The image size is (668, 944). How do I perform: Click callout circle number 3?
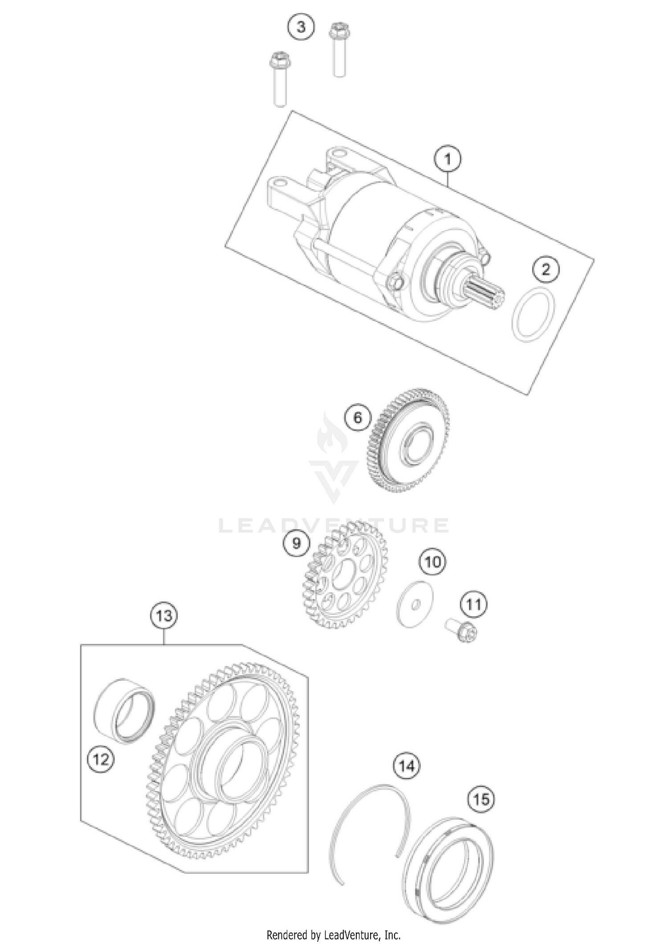[x=301, y=27]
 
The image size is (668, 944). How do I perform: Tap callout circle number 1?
[x=448, y=159]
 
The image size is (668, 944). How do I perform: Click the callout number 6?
[x=358, y=418]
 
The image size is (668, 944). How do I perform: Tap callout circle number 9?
[x=297, y=543]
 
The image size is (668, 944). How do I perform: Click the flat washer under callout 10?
[x=415, y=604]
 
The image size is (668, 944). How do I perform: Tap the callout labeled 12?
[x=101, y=759]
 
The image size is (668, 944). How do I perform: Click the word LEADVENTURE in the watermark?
[x=334, y=525]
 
